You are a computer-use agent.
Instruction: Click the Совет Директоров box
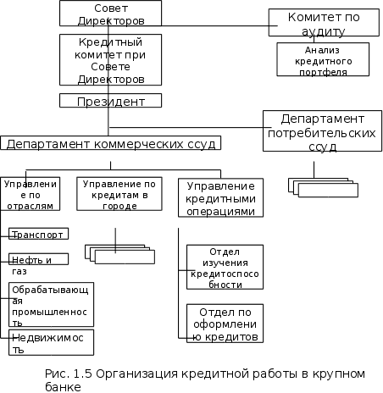(110, 13)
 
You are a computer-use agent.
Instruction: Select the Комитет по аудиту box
(324, 22)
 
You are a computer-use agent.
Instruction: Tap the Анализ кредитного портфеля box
(323, 59)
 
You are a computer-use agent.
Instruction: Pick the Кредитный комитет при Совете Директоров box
(110, 59)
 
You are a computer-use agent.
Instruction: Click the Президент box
(110, 101)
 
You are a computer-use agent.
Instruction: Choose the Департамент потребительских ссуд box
(322, 131)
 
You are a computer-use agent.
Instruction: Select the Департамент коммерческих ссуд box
(110, 143)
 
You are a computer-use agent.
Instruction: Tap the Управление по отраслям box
(30, 194)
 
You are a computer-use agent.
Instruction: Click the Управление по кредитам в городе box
(119, 194)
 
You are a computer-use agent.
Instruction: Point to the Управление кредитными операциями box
(220, 197)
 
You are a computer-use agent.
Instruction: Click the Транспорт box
(38, 234)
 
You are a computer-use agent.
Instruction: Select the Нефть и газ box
(38, 259)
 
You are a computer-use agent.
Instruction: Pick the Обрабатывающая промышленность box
(51, 305)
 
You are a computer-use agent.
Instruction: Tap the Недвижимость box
(51, 342)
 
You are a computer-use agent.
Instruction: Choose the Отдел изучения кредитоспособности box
(225, 267)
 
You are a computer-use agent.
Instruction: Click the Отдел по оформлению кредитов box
(225, 324)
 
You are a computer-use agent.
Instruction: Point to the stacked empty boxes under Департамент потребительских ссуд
(323, 187)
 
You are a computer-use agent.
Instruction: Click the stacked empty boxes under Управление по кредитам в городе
(119, 254)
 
